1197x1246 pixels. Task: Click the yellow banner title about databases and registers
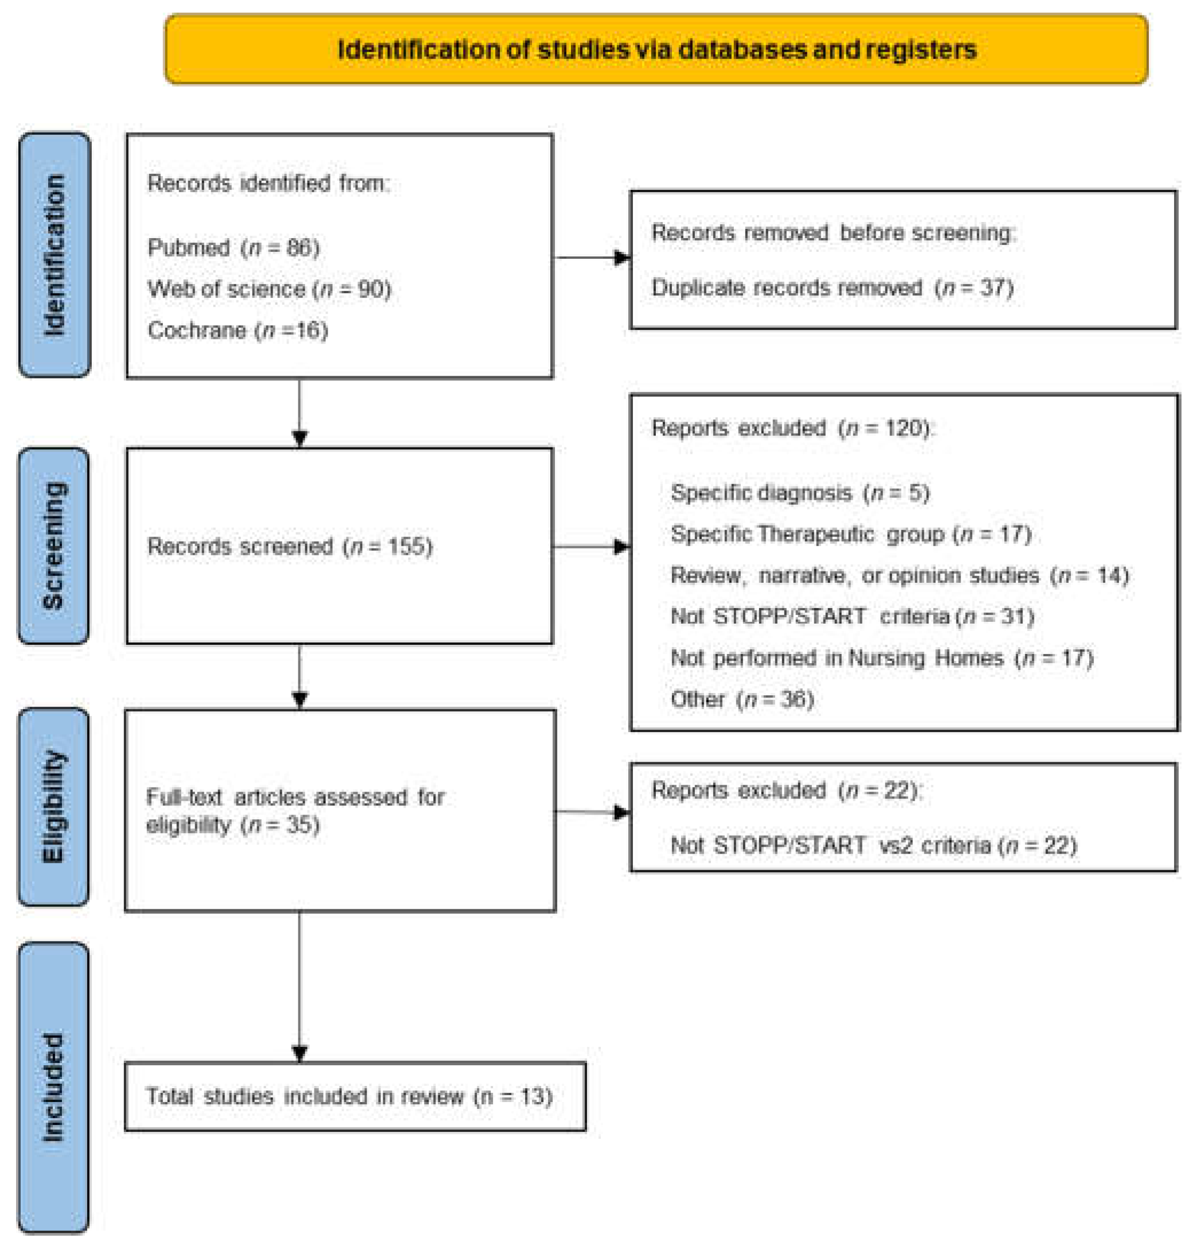click(656, 49)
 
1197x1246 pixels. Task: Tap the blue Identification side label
click(55, 254)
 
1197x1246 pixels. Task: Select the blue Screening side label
click(53, 546)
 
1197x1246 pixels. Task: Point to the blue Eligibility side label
click(53, 806)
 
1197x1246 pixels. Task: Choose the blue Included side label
click(53, 1087)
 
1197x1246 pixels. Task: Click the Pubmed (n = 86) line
click(234, 247)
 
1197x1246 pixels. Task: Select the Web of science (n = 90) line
click(269, 289)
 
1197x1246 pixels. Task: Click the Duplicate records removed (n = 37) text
click(832, 288)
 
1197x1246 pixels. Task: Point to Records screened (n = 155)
click(289, 547)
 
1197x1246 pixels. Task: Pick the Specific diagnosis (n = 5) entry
click(800, 493)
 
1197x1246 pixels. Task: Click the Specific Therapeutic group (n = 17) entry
click(851, 534)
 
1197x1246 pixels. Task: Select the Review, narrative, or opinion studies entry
click(899, 575)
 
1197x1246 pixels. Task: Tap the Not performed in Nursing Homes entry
click(881, 658)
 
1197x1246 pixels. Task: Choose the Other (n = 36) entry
click(742, 699)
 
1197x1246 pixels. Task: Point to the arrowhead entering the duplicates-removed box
click(622, 258)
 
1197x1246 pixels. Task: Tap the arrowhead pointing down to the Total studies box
click(300, 1053)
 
